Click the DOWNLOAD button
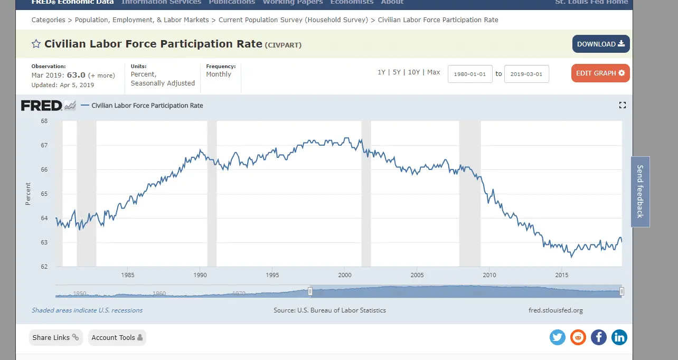point(601,44)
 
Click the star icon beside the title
point(36,44)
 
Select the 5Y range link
point(397,72)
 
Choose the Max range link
point(434,72)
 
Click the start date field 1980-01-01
point(470,74)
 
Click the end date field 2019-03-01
point(526,74)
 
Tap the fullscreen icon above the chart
point(622,106)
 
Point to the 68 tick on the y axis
point(44,121)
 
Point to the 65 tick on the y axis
point(44,194)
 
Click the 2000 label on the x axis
point(345,274)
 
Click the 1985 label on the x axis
point(127,274)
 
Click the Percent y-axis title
point(28,194)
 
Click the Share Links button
point(55,337)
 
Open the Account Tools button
point(117,337)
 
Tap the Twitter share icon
point(558,337)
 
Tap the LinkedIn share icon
point(619,337)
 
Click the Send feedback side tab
point(640,192)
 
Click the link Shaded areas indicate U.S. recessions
point(87,310)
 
